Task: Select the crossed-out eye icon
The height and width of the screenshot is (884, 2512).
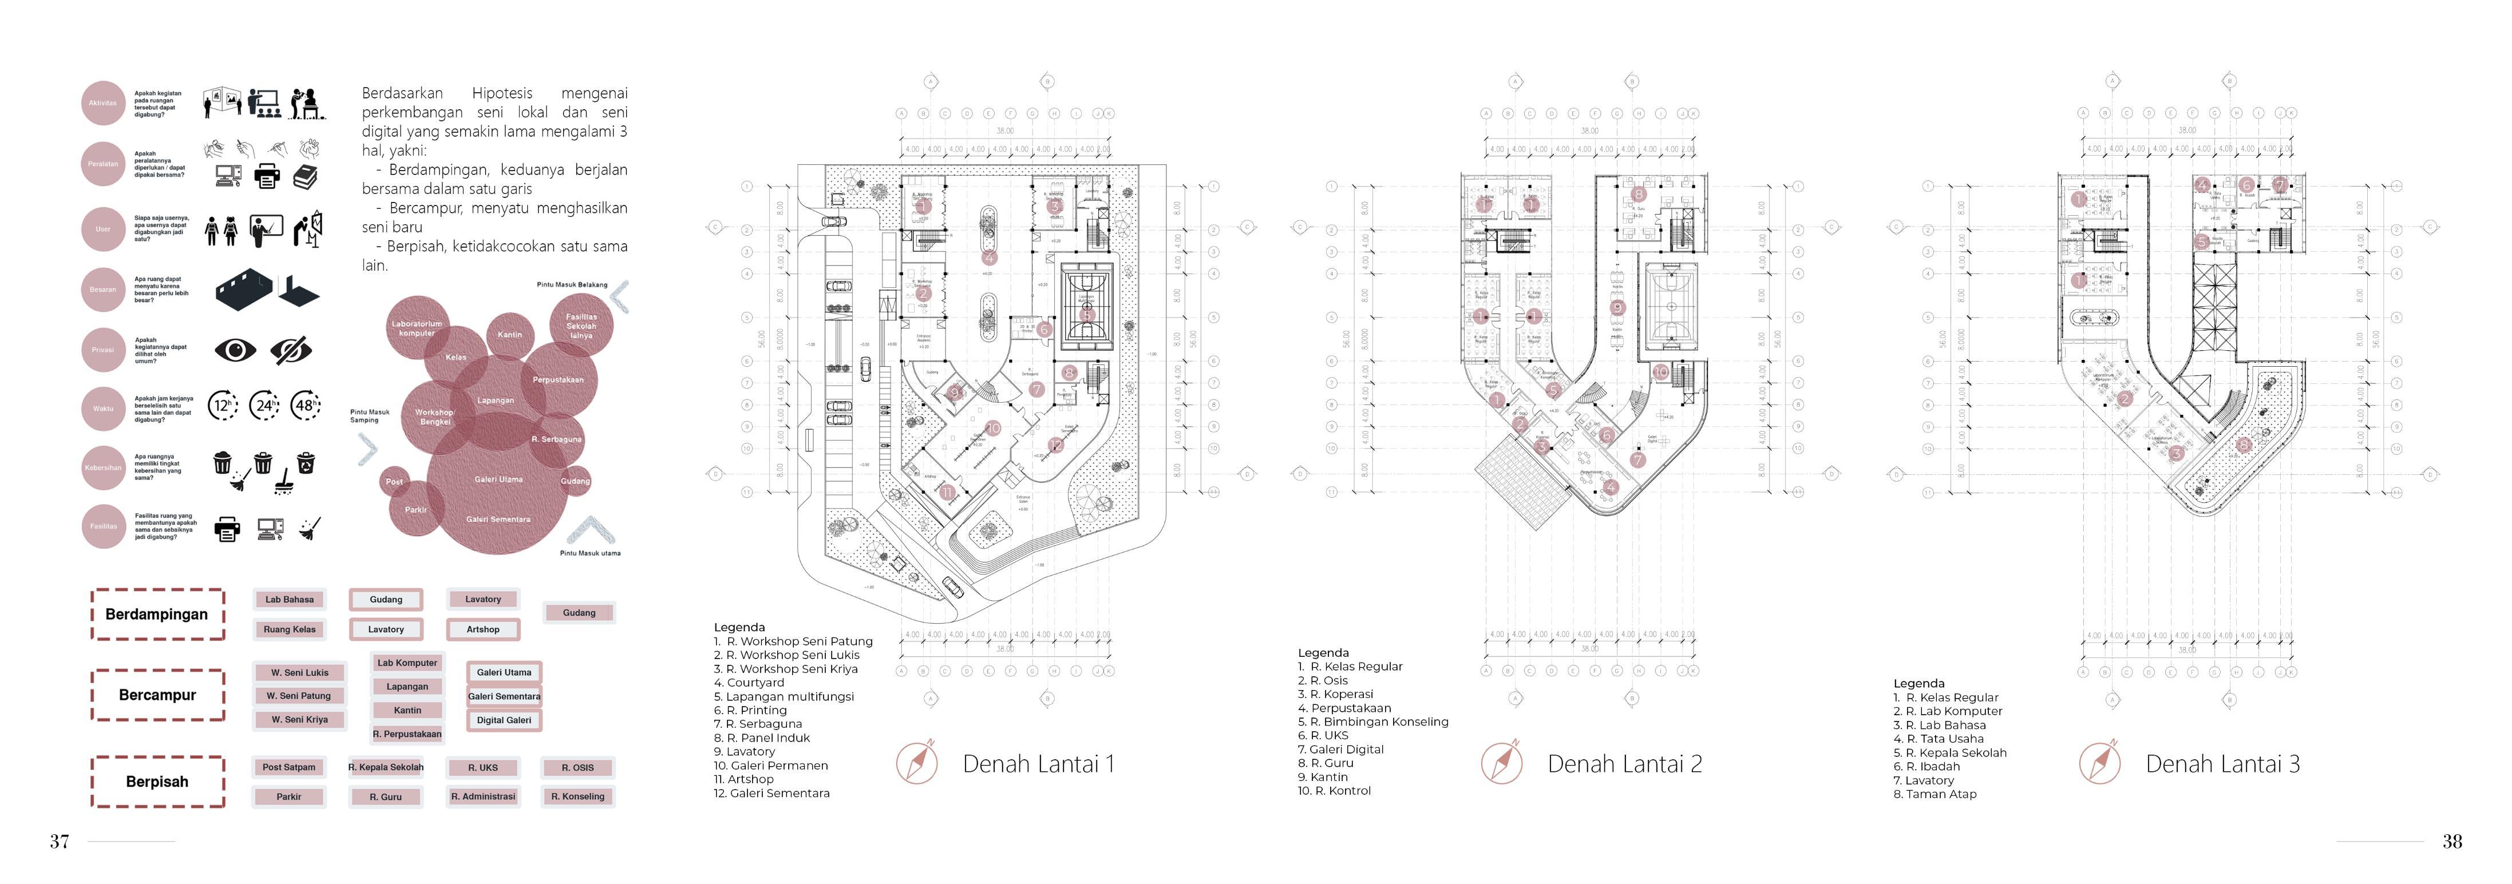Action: tap(291, 349)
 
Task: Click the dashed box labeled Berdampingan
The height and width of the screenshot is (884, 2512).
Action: tap(157, 614)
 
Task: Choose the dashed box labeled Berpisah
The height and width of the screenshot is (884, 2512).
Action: tap(157, 782)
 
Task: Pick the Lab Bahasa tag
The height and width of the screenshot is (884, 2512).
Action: tap(290, 600)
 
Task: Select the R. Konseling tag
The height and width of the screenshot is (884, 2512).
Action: tap(577, 796)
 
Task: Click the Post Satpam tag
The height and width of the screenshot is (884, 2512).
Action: tap(288, 767)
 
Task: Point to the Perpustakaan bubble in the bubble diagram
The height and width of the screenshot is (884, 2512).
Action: tap(558, 380)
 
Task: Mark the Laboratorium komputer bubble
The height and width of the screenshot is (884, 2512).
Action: tap(417, 327)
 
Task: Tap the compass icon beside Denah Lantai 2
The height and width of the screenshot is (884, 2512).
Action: tap(1501, 763)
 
